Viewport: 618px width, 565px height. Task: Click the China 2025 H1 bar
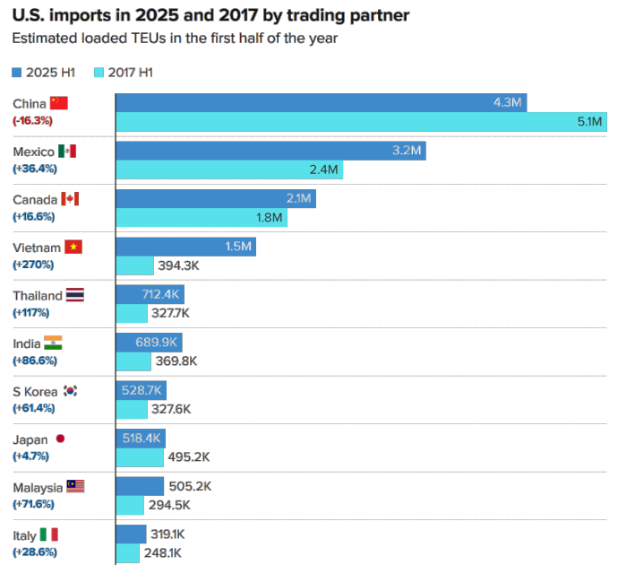point(321,103)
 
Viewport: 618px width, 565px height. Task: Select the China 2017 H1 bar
point(361,122)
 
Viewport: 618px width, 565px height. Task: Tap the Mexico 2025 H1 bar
point(270,151)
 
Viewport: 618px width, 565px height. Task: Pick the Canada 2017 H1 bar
point(202,218)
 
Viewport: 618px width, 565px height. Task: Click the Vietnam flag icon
point(73,248)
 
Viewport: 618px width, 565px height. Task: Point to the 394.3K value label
point(178,265)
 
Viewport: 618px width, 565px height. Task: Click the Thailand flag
point(75,295)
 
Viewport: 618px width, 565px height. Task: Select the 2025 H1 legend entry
point(44,72)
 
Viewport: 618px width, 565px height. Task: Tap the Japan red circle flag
point(60,439)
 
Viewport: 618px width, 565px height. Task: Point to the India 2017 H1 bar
point(133,361)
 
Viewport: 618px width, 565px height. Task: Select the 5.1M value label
point(589,122)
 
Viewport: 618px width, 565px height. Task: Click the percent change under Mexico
point(33,168)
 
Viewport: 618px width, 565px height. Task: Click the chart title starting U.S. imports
point(211,16)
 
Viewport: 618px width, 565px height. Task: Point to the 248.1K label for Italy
point(163,553)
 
